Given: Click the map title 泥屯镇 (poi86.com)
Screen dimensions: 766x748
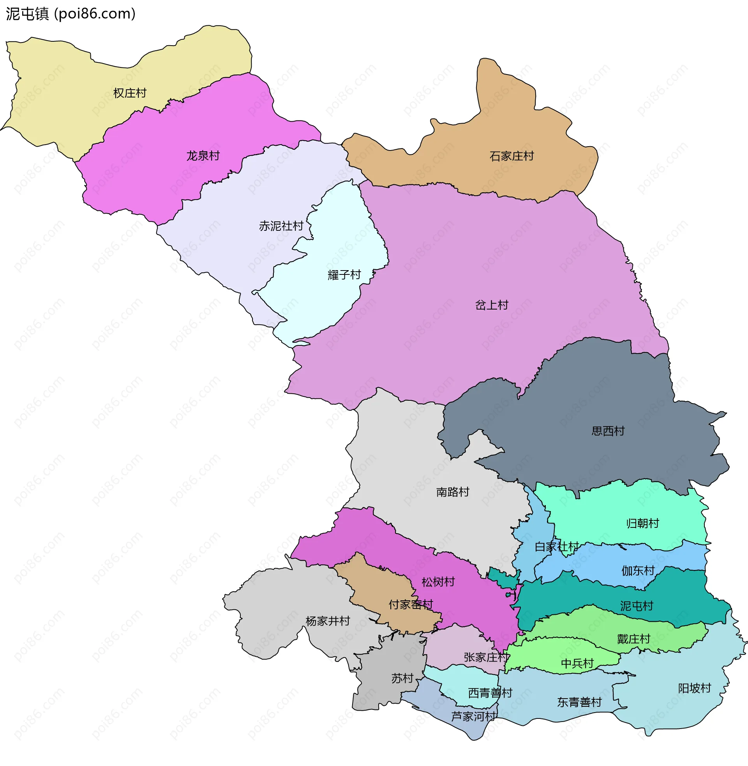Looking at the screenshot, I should tap(71, 14).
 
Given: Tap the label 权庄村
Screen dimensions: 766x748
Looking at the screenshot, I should tap(130, 93).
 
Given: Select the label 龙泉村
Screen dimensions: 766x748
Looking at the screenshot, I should tap(203, 156).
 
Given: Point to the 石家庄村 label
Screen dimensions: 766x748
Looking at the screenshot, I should tap(512, 156).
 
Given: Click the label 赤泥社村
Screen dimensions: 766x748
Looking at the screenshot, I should tap(281, 226).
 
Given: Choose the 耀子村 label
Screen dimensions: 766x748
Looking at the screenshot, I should tap(344, 275).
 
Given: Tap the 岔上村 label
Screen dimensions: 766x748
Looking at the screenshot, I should tap(492, 305).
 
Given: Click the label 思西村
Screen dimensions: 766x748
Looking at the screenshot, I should tap(608, 431).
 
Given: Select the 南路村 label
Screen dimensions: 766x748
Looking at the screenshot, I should tap(453, 492).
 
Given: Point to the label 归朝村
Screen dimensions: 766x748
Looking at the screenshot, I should tap(642, 524).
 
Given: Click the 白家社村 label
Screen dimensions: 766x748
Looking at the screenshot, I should tap(557, 547).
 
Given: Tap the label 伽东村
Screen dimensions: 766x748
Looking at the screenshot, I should tap(638, 571).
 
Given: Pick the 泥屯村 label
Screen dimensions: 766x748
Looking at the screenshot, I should tap(637, 606).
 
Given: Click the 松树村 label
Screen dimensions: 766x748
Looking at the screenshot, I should tap(438, 582).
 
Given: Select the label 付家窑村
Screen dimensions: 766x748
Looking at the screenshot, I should tap(411, 605).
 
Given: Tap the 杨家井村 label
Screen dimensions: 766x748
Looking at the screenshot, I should tap(328, 621).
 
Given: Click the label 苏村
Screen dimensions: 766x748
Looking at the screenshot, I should tap(402, 678).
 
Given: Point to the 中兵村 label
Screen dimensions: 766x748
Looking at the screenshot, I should tap(577, 663).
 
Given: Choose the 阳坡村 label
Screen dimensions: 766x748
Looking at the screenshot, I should tap(694, 688).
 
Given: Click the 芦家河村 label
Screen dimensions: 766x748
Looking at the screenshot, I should tap(473, 716).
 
